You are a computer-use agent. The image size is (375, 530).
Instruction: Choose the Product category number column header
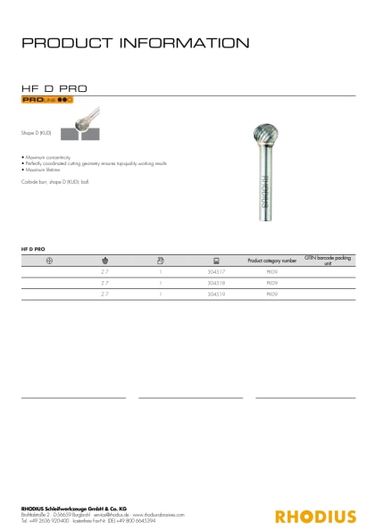coord(271,260)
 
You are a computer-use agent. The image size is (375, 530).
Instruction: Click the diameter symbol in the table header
coord(48,260)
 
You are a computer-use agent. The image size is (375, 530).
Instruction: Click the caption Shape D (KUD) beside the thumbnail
coord(37,132)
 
